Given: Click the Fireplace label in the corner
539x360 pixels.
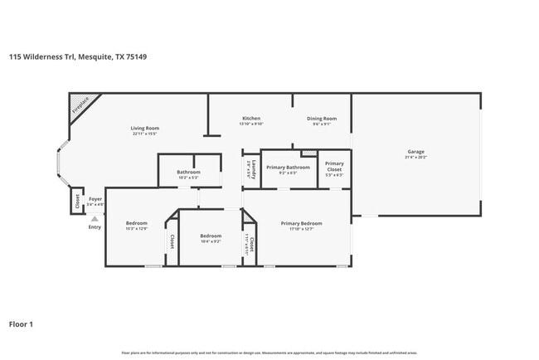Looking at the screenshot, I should click(x=80, y=105).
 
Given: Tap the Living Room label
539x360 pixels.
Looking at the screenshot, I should click(x=145, y=128).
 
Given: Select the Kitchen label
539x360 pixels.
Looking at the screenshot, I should click(x=251, y=119).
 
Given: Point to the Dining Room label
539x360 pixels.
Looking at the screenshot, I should click(x=321, y=119).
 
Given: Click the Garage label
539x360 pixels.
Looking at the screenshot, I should click(x=415, y=153).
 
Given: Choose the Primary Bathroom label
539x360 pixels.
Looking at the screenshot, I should click(x=288, y=167).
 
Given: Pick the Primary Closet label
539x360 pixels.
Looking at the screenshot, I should click(x=334, y=166).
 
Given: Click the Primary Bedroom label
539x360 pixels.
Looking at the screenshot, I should click(x=301, y=223).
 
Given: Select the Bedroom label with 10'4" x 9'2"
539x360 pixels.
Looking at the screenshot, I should click(x=211, y=236).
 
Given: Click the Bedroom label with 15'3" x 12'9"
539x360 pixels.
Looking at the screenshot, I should click(x=136, y=223).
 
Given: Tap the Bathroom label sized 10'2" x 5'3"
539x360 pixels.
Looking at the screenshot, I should click(x=188, y=173).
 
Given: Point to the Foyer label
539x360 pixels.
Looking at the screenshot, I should click(x=95, y=200).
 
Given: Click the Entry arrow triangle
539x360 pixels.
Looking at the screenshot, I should click(x=95, y=217).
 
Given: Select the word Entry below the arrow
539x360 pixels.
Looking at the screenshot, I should click(x=95, y=226).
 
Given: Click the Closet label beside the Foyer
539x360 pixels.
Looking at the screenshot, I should click(x=76, y=200).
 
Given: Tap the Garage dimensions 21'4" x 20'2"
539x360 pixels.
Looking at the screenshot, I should click(x=415, y=158).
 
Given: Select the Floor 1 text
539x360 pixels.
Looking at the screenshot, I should click(x=22, y=324).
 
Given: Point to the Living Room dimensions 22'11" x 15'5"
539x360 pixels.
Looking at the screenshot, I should click(x=145, y=133).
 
